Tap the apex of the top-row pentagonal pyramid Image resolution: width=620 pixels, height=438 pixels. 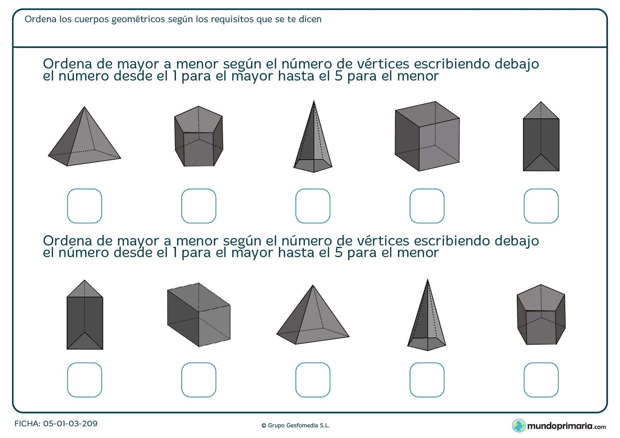click(x=314, y=102)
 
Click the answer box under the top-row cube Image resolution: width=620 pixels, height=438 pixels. click(x=427, y=206)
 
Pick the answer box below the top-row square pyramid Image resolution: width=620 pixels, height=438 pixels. click(x=84, y=206)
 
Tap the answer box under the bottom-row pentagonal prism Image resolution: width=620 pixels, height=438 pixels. click(x=541, y=380)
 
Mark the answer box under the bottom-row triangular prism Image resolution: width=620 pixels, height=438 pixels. click(x=84, y=380)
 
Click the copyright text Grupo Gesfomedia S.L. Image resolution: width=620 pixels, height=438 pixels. click(x=296, y=426)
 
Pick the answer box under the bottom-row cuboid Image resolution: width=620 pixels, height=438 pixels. click(x=198, y=380)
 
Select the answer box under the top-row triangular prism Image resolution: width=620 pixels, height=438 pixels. click(x=541, y=206)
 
